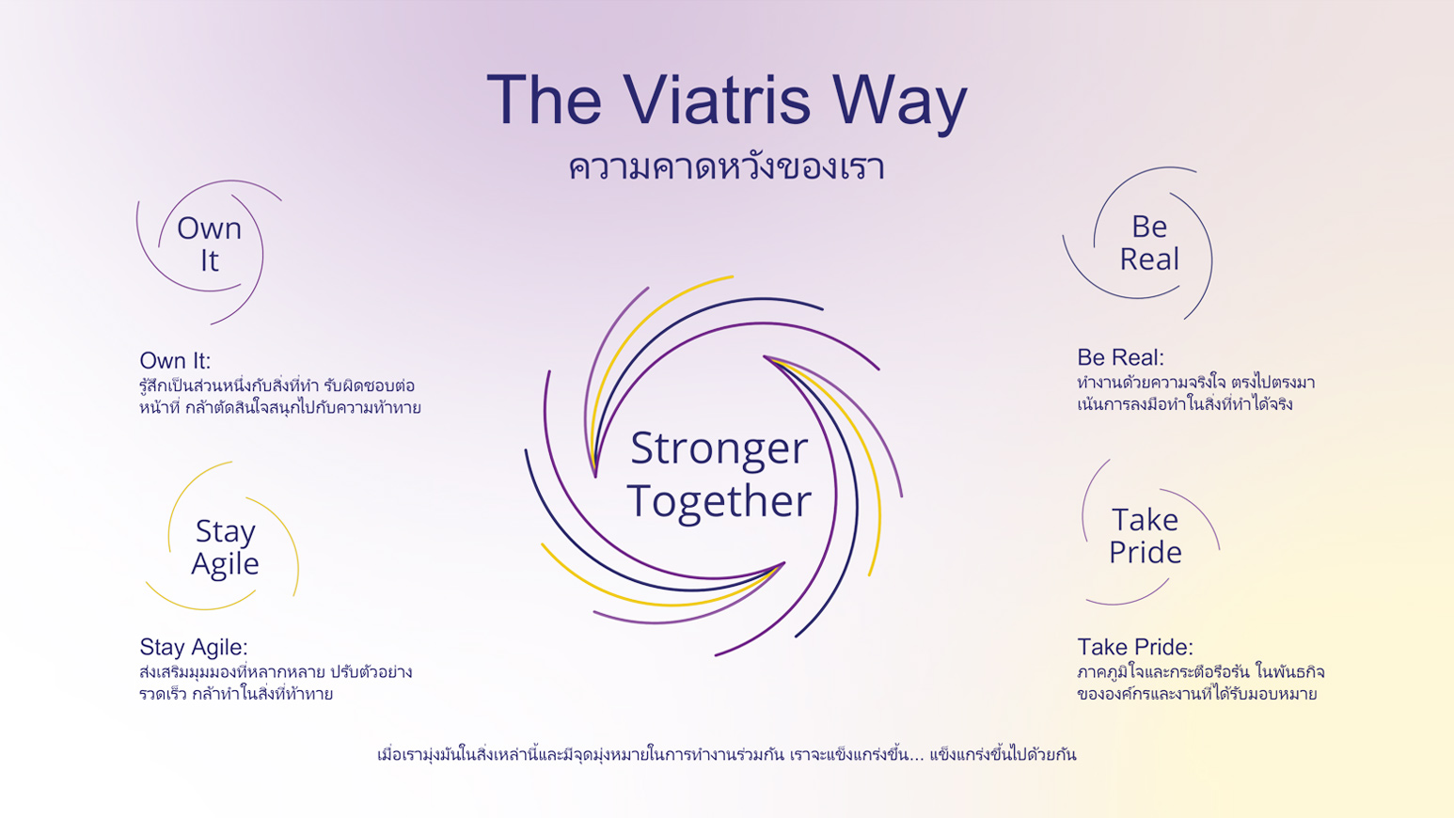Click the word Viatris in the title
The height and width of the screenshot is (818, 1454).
click(x=718, y=101)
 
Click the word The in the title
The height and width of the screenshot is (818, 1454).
click(x=544, y=100)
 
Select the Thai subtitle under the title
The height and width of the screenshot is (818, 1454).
click(x=726, y=167)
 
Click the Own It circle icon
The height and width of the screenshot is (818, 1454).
click(x=262, y=253)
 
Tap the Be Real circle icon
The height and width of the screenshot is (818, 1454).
click(x=1211, y=260)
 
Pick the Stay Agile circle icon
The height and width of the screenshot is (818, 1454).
click(x=298, y=564)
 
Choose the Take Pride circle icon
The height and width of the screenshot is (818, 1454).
click(x=1083, y=519)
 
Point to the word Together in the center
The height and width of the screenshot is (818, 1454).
click(x=719, y=501)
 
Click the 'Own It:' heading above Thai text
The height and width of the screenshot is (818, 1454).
click(x=175, y=361)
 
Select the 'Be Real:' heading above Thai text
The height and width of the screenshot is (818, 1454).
click(x=1120, y=357)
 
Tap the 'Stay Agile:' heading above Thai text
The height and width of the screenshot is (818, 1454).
click(x=194, y=648)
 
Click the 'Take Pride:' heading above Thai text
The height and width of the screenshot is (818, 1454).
click(x=1135, y=648)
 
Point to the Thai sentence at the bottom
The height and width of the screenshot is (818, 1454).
click(x=726, y=754)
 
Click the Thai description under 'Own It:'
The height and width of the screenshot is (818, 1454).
click(x=280, y=397)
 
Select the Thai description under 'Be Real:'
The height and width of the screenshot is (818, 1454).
click(x=1196, y=393)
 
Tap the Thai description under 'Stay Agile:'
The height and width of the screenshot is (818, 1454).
click(x=276, y=683)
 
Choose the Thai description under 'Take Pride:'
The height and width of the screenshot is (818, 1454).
click(x=1201, y=683)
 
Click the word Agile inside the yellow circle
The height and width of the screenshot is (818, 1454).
click(x=225, y=564)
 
